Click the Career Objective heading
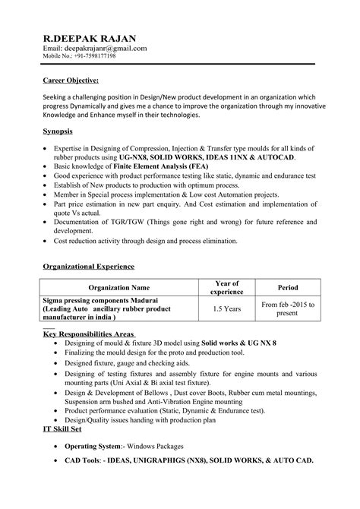(x=70, y=79)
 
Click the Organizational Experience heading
(x=88, y=267)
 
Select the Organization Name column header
(x=118, y=289)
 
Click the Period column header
(x=288, y=289)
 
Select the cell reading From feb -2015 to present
(x=288, y=310)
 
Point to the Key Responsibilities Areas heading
(x=90, y=334)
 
